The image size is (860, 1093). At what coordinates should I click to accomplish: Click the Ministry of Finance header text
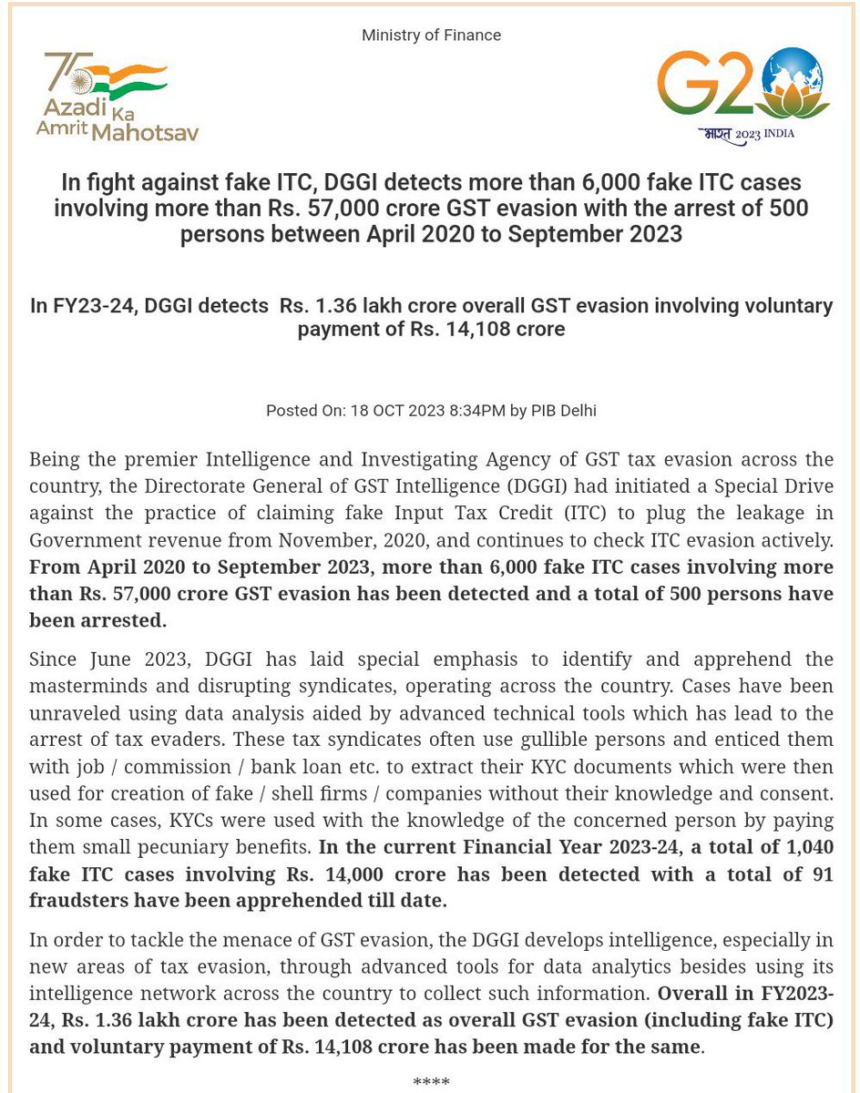click(431, 36)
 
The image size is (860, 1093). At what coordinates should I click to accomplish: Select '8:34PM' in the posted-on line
click(472, 411)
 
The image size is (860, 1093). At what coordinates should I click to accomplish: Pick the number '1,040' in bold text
click(807, 848)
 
